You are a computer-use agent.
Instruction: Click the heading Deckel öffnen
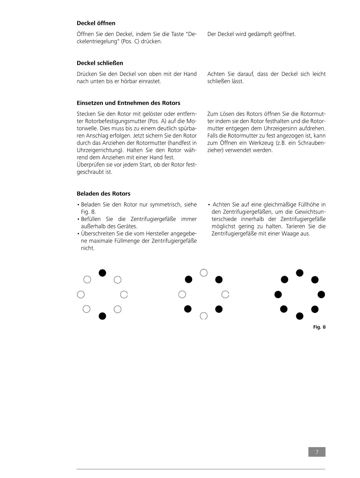pos(96,23)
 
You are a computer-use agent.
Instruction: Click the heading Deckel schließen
pos(100,63)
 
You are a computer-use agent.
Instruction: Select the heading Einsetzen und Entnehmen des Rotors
pos(128,103)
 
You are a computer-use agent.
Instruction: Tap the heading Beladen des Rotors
pos(103,193)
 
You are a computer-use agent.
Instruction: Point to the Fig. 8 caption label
pos(319,327)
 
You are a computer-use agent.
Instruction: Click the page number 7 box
pos(317,452)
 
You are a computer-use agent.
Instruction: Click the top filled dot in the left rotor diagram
pos(102,273)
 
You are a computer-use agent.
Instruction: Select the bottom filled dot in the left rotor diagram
pos(102,316)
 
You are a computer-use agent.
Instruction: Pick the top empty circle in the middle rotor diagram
pos(204,273)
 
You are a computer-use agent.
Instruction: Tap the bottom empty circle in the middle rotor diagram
pos(204,316)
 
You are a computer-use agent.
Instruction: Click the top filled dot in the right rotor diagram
pos(300,273)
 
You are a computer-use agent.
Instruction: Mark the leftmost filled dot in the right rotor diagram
pos(278,294)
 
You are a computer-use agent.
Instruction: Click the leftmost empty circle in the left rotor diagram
pos(81,294)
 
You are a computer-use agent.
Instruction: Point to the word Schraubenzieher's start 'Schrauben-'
pos(312,143)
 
